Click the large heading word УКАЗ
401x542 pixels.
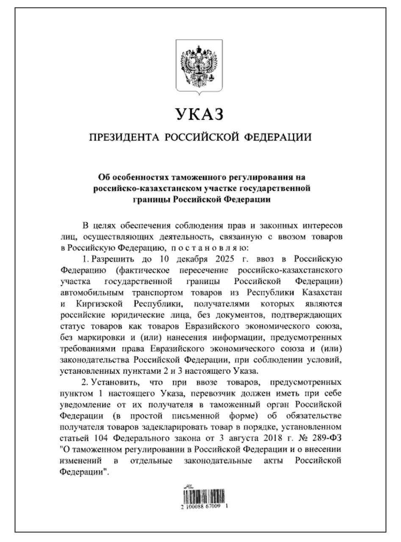pyautogui.click(x=199, y=114)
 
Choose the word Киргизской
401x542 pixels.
pyautogui.click(x=100, y=304)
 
